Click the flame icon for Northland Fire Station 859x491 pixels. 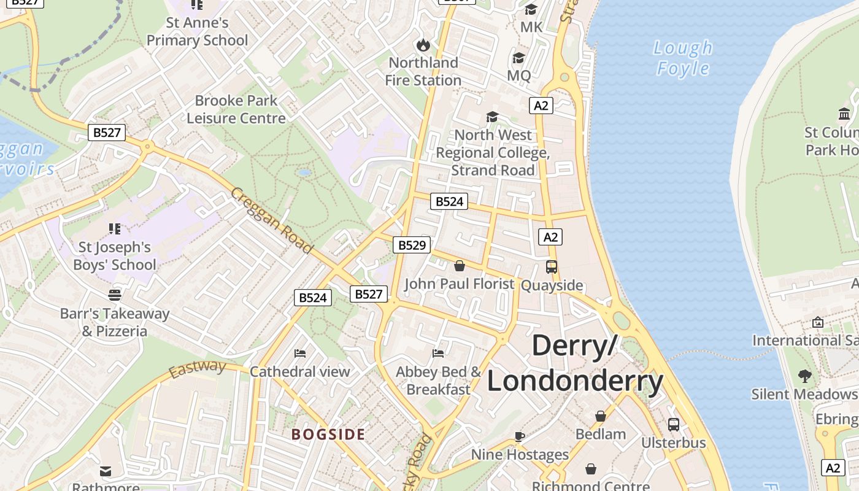pyautogui.click(x=423, y=45)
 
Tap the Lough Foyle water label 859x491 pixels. pyautogui.click(x=683, y=58)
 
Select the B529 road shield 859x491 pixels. pyautogui.click(x=412, y=245)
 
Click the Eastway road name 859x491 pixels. pyautogui.click(x=198, y=369)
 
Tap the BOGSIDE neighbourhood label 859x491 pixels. pyautogui.click(x=328, y=435)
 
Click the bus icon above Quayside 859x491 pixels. pyautogui.click(x=551, y=267)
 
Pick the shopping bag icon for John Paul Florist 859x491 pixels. pyautogui.click(x=459, y=266)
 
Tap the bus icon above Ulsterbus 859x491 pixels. pyautogui.click(x=673, y=425)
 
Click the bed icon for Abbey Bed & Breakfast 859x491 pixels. pyautogui.click(x=438, y=354)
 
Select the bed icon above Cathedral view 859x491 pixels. pyautogui.click(x=300, y=354)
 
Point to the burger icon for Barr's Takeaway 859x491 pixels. pyautogui.click(x=115, y=295)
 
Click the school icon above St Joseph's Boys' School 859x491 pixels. pyautogui.click(x=115, y=229)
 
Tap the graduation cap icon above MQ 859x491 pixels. pyautogui.click(x=518, y=58)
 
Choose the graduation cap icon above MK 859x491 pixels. pyautogui.click(x=531, y=9)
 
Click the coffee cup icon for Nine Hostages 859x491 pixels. pyautogui.click(x=520, y=436)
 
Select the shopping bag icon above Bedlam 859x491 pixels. pyautogui.click(x=600, y=416)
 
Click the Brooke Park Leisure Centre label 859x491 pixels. pyautogui.click(x=236, y=109)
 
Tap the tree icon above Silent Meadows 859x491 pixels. pyautogui.click(x=804, y=376)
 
